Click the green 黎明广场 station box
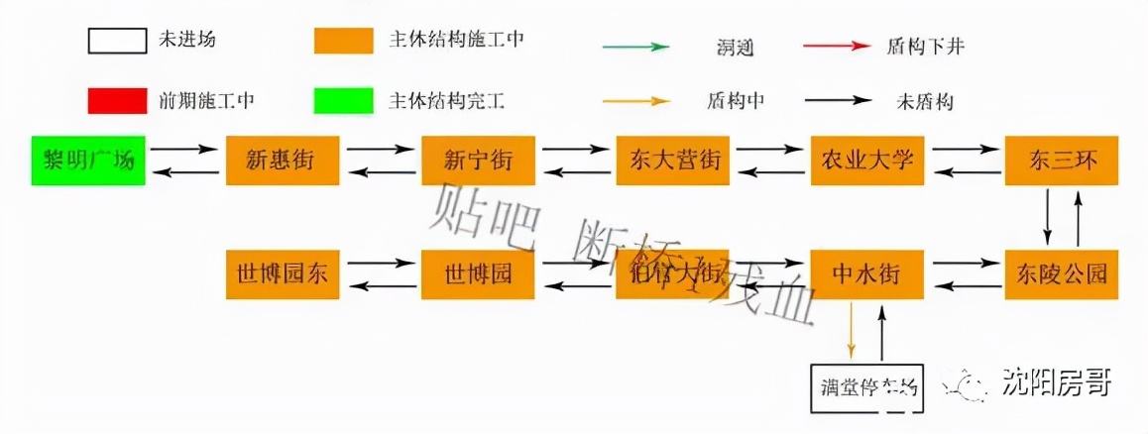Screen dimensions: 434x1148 pos(88,160)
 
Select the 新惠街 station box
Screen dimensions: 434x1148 pos(283,160)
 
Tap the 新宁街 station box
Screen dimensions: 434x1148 pos(477,160)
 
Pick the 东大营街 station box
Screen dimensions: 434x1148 pos(672,160)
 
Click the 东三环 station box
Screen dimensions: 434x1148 pos(1062,160)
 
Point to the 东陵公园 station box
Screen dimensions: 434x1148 pos(1062,273)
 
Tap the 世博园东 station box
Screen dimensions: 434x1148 pos(283,273)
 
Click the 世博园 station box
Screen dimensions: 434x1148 pos(477,273)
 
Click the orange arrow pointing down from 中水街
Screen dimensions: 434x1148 pos(852,331)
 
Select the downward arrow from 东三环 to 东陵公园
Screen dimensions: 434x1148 pos(1047,216)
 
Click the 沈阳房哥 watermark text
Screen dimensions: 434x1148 pos(1055,381)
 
